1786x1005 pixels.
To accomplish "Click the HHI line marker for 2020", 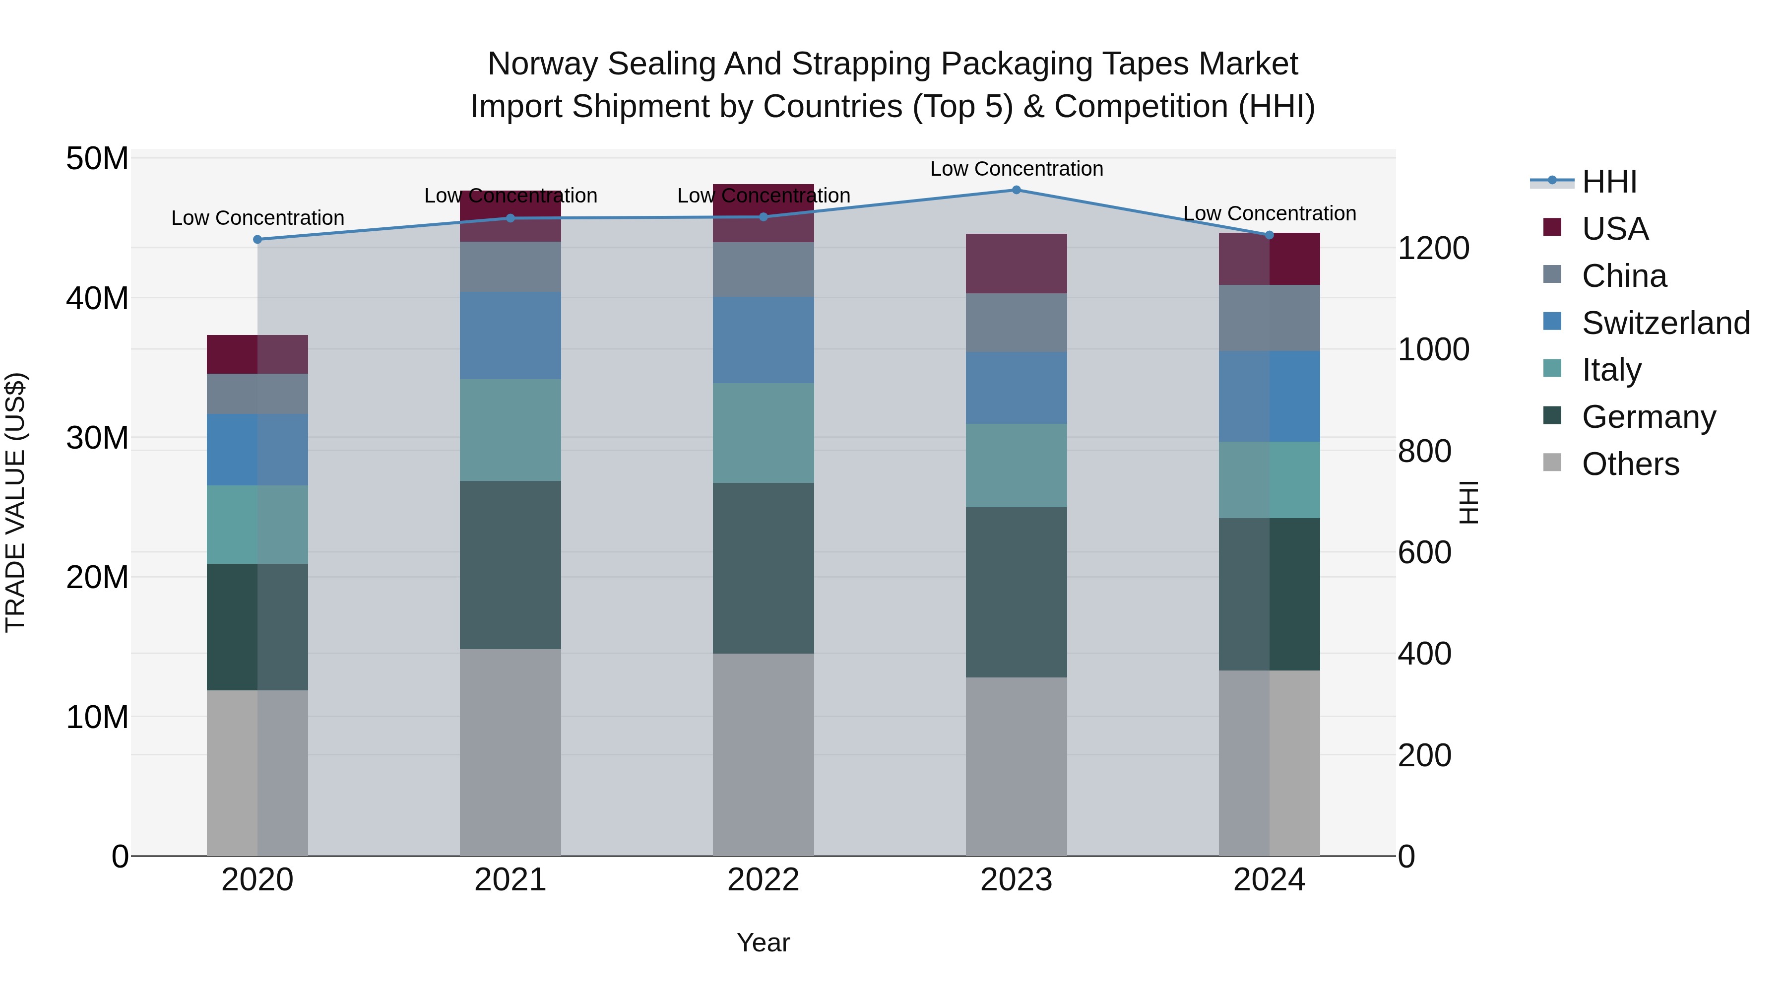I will pos(257,239).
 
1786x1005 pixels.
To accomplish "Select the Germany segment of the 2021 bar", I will pos(510,565).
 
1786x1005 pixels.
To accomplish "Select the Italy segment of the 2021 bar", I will pos(510,430).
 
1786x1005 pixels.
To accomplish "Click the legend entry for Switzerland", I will pos(1665,323).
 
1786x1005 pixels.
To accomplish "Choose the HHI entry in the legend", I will pos(1608,182).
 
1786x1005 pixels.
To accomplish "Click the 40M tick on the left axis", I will pos(97,298).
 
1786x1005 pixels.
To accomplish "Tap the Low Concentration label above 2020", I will pos(257,218).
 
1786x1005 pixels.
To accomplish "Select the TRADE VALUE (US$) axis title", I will pos(15,502).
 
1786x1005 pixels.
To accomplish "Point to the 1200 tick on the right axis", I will pos(1432,248).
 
